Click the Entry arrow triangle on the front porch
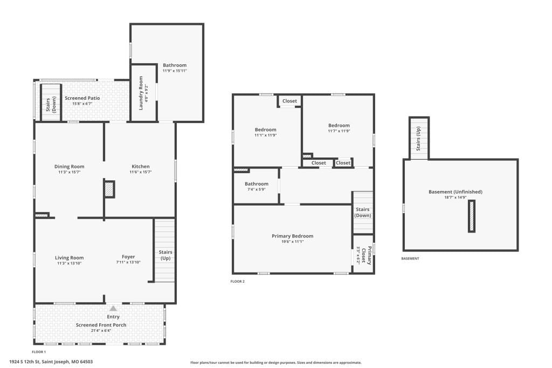pyautogui.click(x=113, y=309)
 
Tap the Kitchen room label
pyautogui.click(x=141, y=166)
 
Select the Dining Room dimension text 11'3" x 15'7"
pyautogui.click(x=70, y=172)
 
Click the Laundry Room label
pyautogui.click(x=141, y=93)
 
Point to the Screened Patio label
pyautogui.click(x=82, y=98)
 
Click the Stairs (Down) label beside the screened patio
pyautogui.click(x=51, y=104)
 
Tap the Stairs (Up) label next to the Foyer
pyautogui.click(x=165, y=255)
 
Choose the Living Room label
pyautogui.click(x=70, y=258)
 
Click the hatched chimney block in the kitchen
pyautogui.click(x=109, y=189)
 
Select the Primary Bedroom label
pyautogui.click(x=293, y=236)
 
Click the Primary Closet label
pyautogui.click(x=367, y=255)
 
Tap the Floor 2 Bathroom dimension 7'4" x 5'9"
pyautogui.click(x=257, y=189)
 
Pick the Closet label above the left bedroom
pyautogui.click(x=289, y=101)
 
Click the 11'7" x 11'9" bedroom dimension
pyautogui.click(x=339, y=131)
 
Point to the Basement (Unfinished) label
pyautogui.click(x=456, y=192)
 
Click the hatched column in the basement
pyautogui.click(x=472, y=216)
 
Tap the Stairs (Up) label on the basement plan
pyautogui.click(x=418, y=139)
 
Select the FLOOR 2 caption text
pyautogui.click(x=237, y=281)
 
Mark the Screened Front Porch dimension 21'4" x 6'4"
pyautogui.click(x=101, y=331)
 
